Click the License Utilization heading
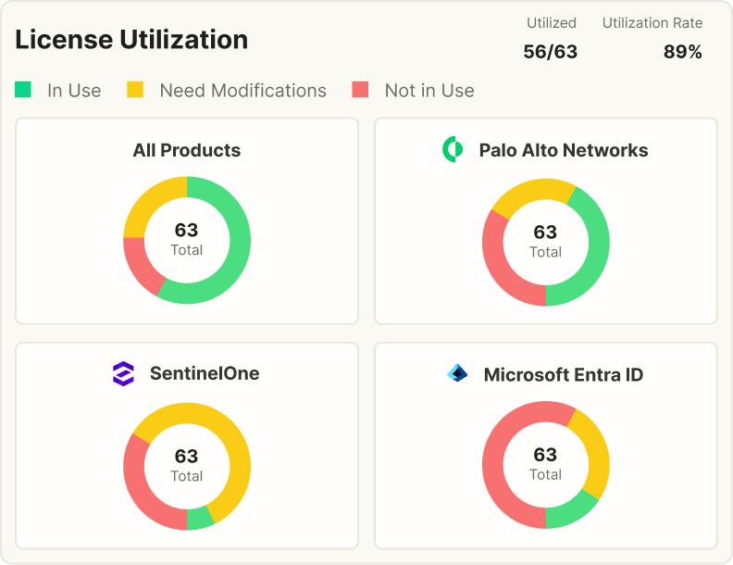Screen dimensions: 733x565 coord(131,39)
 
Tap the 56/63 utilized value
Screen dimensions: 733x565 coord(551,52)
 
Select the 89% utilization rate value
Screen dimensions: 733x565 coord(682,52)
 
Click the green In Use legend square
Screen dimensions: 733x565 coord(23,89)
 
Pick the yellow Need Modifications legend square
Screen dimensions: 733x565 coord(135,89)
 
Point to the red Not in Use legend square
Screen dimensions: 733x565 coord(360,89)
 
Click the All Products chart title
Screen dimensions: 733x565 coord(187,150)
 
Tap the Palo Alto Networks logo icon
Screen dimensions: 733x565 coord(453,149)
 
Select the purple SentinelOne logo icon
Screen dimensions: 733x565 coord(123,373)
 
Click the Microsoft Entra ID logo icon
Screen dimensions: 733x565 coord(457,373)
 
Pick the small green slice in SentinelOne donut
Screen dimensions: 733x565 coord(199,519)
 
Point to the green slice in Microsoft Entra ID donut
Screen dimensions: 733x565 coord(569,512)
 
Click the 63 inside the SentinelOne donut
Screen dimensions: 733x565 coord(187,456)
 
